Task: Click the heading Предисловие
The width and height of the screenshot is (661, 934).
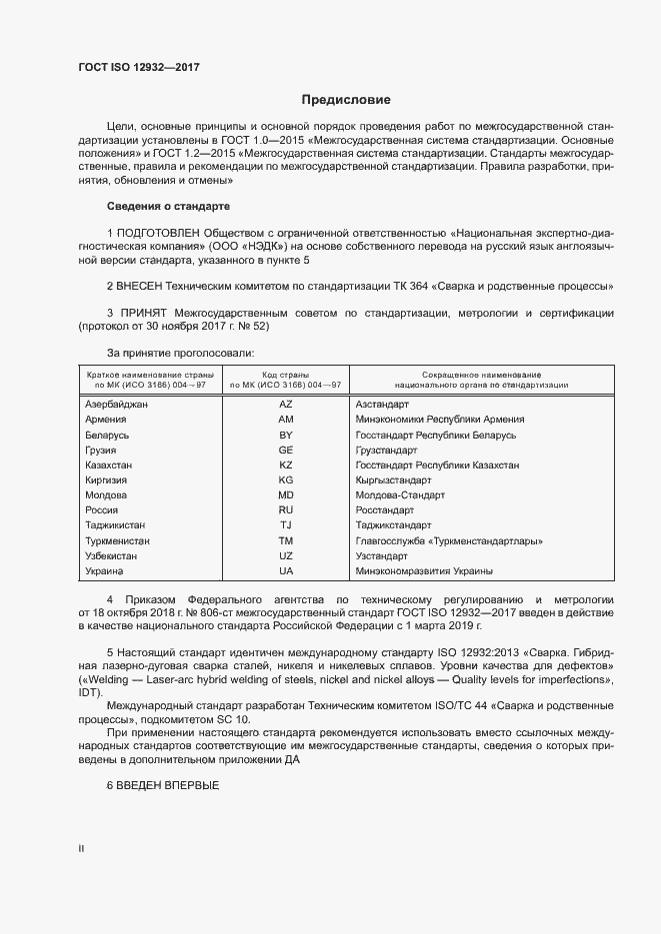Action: click(x=347, y=100)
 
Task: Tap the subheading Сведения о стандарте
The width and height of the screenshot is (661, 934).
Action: click(x=168, y=206)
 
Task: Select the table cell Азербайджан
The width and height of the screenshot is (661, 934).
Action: click(x=117, y=405)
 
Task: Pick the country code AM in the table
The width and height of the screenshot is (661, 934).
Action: click(x=286, y=420)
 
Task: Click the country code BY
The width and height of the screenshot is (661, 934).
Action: click(x=286, y=436)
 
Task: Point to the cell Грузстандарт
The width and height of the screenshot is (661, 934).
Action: click(x=387, y=451)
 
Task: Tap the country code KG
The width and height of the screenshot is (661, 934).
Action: click(x=286, y=480)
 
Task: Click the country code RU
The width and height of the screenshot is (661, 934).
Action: click(x=286, y=510)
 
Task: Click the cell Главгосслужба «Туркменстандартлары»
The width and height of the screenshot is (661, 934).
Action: click(x=449, y=540)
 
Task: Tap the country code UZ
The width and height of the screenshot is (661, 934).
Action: click(x=286, y=555)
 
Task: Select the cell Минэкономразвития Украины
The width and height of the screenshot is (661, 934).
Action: click(x=424, y=570)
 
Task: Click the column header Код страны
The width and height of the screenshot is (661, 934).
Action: click(x=286, y=372)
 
